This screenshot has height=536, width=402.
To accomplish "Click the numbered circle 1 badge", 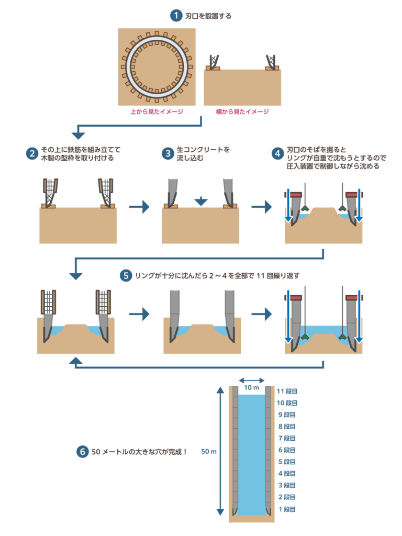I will point(176,16).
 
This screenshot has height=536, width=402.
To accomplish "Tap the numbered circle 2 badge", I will point(32,153).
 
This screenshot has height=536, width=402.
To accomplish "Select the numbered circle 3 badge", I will point(167,153).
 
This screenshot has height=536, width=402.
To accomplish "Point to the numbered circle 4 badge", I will point(277,153).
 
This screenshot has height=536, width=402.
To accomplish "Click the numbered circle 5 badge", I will point(125,275).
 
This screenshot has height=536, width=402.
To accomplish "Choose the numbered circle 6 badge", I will point(82,451).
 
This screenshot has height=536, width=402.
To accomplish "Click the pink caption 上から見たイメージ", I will point(157,111).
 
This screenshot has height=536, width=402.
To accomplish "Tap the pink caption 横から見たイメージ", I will point(242,111).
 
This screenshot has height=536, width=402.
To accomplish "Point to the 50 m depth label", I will point(209,451).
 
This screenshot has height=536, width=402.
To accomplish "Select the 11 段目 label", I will point(287,391).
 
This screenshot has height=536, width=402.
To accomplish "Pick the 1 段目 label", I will point(287,509).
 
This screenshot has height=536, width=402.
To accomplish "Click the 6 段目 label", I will point(287,450).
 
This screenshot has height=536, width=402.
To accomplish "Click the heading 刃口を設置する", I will point(208,16).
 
